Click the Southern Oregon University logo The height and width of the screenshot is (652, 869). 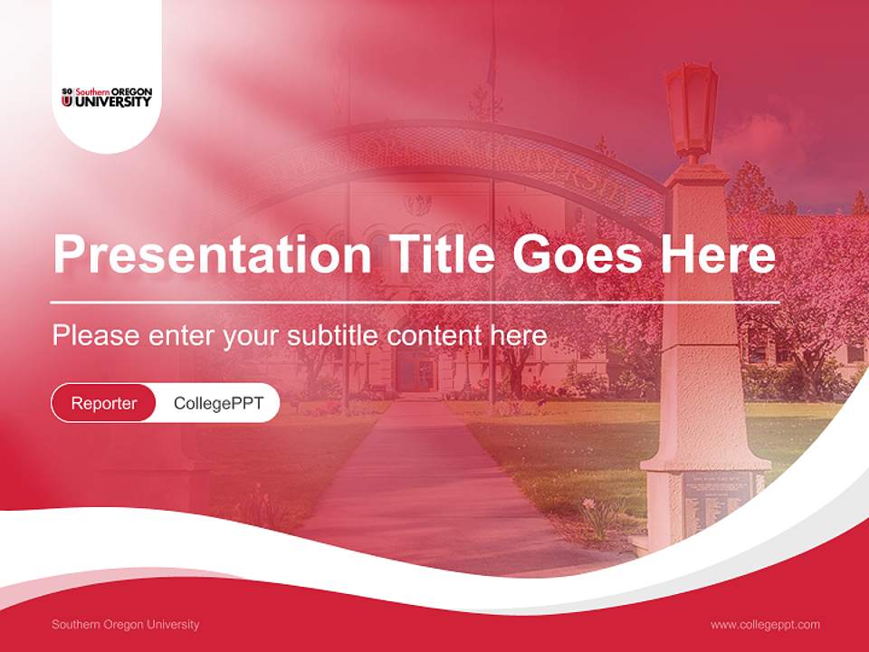(106, 97)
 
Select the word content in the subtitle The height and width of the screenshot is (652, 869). (435, 335)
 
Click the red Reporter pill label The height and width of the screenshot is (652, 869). (104, 403)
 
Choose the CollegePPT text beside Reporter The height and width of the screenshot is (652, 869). (218, 403)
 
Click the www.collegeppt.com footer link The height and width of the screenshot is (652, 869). (765, 624)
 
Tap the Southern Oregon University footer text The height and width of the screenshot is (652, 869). (126, 624)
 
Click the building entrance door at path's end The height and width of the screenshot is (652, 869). (416, 371)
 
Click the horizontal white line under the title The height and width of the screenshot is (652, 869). (415, 302)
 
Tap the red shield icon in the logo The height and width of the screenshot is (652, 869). (66, 101)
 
